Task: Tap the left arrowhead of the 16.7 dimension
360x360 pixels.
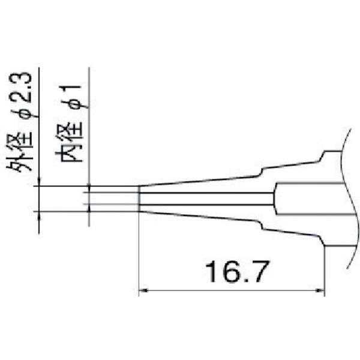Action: pos(143,292)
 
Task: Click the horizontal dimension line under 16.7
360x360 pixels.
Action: pos(231,292)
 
